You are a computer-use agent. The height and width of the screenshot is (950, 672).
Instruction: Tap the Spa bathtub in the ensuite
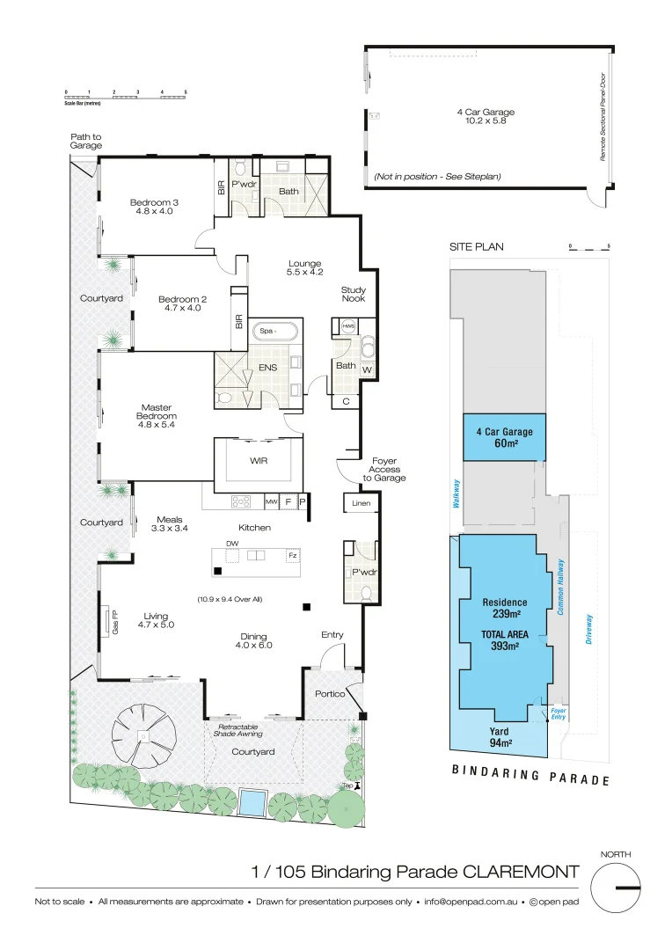click(x=275, y=332)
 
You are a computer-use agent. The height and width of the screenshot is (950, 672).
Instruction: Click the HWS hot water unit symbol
click(x=347, y=325)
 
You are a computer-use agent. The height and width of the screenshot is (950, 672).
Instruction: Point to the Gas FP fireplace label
click(x=115, y=621)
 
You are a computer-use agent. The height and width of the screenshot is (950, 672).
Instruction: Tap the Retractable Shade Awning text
click(x=237, y=730)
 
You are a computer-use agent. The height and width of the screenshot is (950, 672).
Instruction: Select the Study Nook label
click(x=354, y=294)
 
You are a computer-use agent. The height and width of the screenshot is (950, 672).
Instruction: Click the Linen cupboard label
click(x=362, y=504)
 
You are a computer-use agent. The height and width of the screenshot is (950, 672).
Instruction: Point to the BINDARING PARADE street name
click(x=530, y=775)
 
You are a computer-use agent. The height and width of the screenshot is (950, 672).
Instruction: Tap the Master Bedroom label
click(x=159, y=412)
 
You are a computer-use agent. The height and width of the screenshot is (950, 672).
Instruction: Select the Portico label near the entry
click(x=330, y=693)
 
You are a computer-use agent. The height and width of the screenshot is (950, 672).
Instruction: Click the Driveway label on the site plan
click(x=588, y=629)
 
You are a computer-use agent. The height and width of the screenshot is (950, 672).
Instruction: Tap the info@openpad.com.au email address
click(x=470, y=902)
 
